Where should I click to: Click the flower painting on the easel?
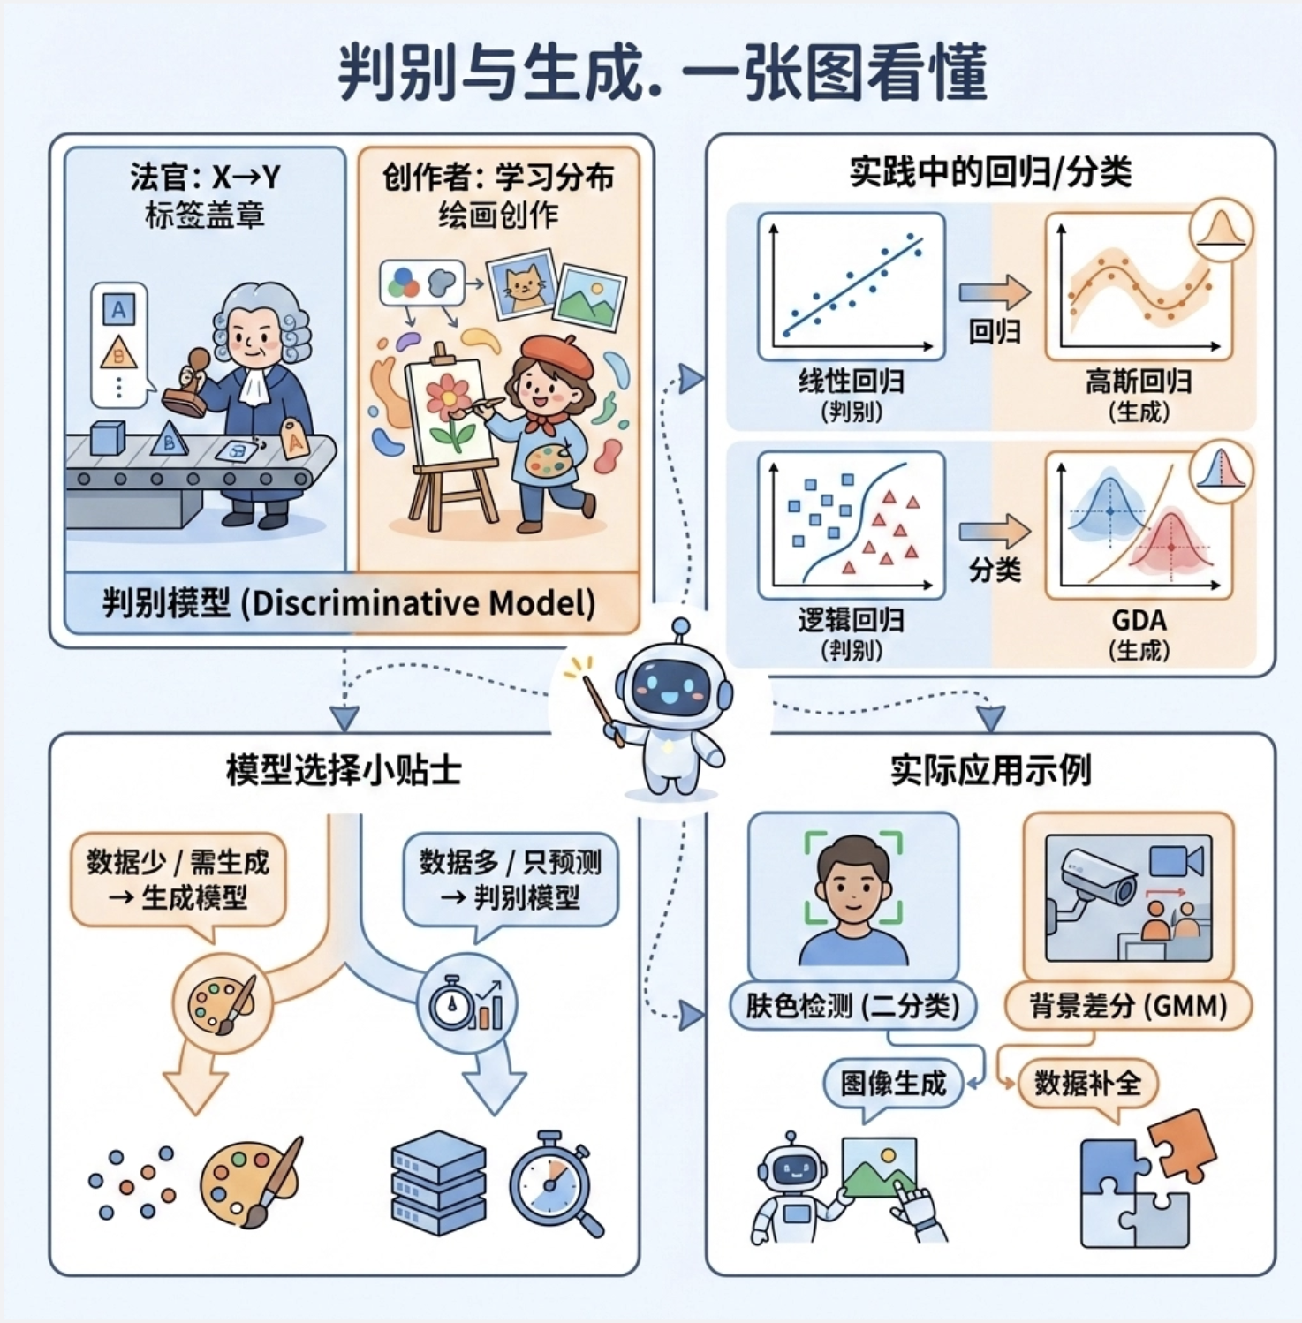click(449, 411)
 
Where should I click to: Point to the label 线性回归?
click(851, 382)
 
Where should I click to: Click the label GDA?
click(1139, 620)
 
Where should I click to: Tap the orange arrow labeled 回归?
click(995, 292)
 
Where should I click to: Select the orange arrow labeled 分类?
click(995, 532)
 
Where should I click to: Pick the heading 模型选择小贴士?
click(344, 770)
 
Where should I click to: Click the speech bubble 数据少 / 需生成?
click(178, 879)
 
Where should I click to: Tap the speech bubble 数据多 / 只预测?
click(511, 879)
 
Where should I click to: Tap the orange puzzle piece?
click(1183, 1145)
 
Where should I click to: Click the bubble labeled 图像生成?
click(893, 1083)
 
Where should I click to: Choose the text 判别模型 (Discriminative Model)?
click(349, 603)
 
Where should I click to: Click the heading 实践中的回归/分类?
click(990, 172)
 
